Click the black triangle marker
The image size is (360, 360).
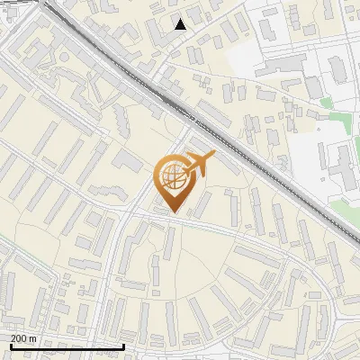181,24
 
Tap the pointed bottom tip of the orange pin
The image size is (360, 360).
172,212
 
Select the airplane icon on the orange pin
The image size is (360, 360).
199,164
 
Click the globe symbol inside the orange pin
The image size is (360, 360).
172,176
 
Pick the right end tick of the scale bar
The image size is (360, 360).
123,346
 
